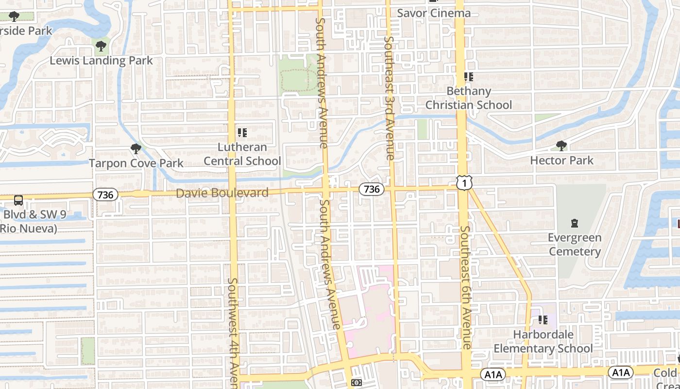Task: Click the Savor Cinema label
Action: (434, 13)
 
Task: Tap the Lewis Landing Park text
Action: (101, 61)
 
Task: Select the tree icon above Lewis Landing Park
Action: (101, 47)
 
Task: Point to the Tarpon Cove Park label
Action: (136, 163)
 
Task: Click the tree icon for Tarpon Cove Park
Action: (136, 148)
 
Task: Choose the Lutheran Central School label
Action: (242, 154)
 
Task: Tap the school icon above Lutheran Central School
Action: (242, 132)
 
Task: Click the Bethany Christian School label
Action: (469, 98)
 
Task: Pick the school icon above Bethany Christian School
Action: (468, 77)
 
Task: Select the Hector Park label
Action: (561, 160)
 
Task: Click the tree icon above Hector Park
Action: (561, 145)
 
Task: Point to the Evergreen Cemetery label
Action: (575, 245)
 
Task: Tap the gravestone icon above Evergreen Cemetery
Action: (575, 224)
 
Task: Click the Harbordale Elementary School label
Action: (543, 341)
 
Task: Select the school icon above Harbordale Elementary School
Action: (543, 320)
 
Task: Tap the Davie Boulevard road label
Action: (222, 193)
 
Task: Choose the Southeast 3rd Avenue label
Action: (390, 97)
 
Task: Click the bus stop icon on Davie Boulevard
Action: (18, 200)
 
